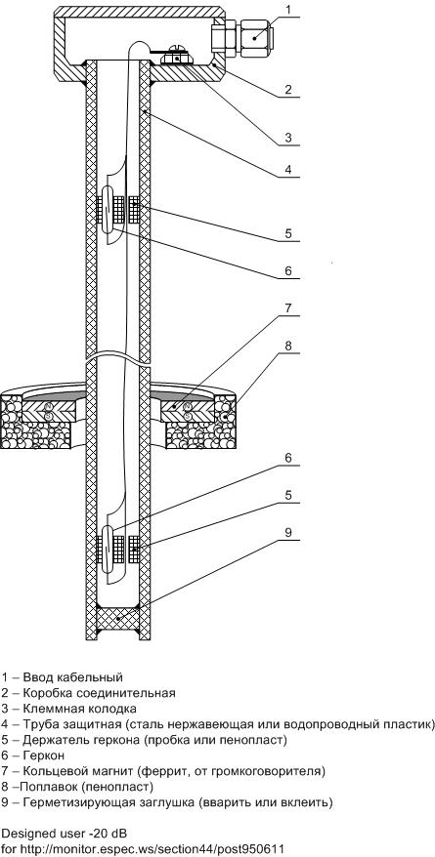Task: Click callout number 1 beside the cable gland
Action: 289,10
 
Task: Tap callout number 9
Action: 289,532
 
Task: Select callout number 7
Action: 289,307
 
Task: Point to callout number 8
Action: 289,346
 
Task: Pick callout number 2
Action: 289,89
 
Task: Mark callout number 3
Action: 289,137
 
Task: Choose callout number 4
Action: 289,170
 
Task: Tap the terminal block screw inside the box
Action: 178,51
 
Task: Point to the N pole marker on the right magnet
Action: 188,406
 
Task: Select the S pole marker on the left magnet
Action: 48,417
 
